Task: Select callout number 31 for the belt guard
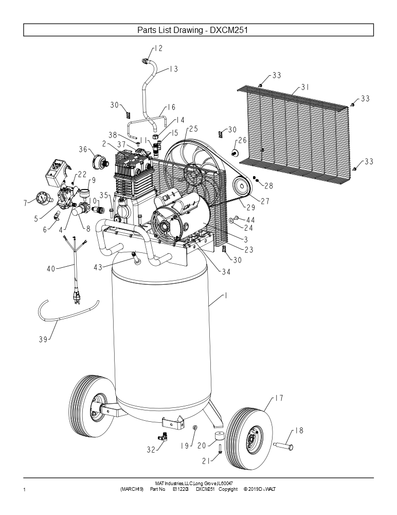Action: click(x=305, y=88)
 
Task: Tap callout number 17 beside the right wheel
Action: click(x=279, y=398)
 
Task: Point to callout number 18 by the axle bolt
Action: click(x=298, y=431)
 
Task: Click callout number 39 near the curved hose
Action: click(x=43, y=339)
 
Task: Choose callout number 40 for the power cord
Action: click(x=50, y=268)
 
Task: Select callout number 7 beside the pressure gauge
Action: click(x=25, y=203)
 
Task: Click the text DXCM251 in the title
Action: click(x=230, y=30)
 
